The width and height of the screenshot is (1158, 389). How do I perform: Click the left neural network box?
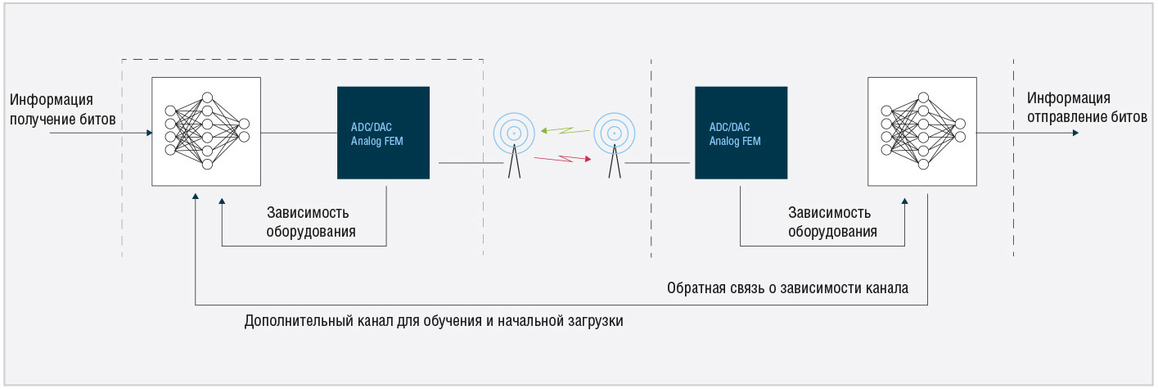click(205, 131)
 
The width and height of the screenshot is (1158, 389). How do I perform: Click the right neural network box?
click(921, 131)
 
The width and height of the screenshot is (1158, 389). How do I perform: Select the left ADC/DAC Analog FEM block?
click(383, 133)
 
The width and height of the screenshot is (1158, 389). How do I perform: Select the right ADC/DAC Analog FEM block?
click(741, 133)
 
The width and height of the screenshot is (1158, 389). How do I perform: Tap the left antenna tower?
click(514, 145)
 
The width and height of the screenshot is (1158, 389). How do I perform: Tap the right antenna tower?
click(614, 145)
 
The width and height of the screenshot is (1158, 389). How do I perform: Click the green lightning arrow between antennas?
click(565, 131)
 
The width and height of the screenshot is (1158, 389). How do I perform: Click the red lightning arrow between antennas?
click(562, 158)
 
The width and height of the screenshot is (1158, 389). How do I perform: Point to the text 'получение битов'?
click(62, 120)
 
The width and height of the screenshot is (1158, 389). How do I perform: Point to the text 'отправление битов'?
click(1087, 117)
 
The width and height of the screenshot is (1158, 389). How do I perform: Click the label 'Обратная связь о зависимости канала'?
click(787, 288)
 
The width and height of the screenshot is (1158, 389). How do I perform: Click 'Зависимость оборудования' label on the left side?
click(311, 222)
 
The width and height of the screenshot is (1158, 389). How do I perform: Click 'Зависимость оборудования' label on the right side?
click(832, 222)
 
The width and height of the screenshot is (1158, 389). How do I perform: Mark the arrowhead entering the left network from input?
click(150, 133)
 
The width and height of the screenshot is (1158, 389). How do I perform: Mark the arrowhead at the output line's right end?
click(1076, 133)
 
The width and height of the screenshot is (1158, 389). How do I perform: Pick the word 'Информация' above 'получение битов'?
click(52, 99)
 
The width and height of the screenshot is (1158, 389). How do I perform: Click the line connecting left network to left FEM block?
click(299, 133)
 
